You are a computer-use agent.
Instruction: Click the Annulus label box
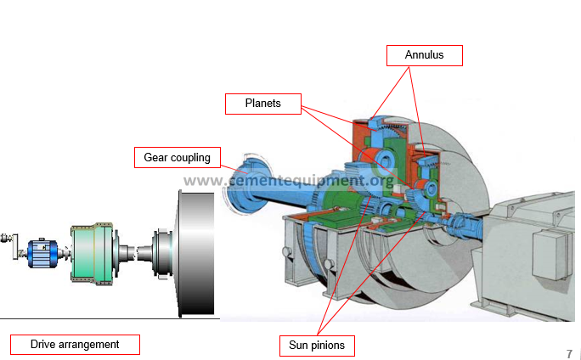(x=425, y=56)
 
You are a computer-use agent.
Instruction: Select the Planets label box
(x=263, y=104)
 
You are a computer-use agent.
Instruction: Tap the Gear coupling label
(x=178, y=157)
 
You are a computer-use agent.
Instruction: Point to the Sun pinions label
(x=317, y=346)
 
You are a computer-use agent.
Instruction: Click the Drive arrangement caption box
(x=75, y=344)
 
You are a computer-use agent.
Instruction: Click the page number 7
(x=569, y=353)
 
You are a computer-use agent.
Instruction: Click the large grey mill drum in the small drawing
(x=195, y=253)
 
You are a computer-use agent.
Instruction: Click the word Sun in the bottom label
(x=299, y=346)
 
